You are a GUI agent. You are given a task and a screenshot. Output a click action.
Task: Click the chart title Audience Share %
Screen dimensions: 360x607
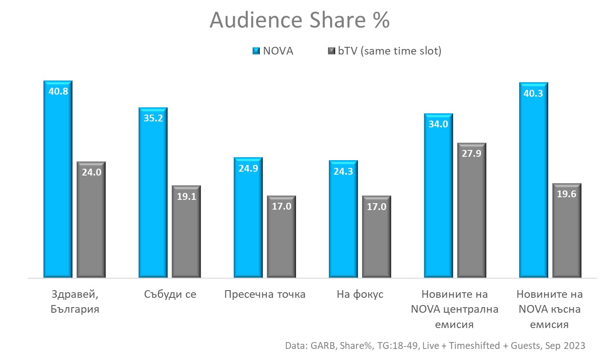pos(299,20)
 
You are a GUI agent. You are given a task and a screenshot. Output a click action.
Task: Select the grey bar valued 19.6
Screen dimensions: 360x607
pos(567,234)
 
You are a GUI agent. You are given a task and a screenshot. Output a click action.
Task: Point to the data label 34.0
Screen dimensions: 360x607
pos(439,124)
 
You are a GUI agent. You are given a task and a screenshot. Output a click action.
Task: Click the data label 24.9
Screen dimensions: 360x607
pos(248,168)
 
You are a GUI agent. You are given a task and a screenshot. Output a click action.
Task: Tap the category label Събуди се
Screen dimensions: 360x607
pos(170,294)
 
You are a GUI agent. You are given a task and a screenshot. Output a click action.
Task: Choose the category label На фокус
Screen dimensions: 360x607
pos(360,294)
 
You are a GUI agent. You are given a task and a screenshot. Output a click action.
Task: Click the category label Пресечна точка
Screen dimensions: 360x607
pos(265,294)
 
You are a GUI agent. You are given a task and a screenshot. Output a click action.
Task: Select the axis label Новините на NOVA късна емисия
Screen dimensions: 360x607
pos(549,309)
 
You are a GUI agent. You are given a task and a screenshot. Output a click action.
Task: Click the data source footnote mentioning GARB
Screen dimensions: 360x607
pos(435,346)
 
